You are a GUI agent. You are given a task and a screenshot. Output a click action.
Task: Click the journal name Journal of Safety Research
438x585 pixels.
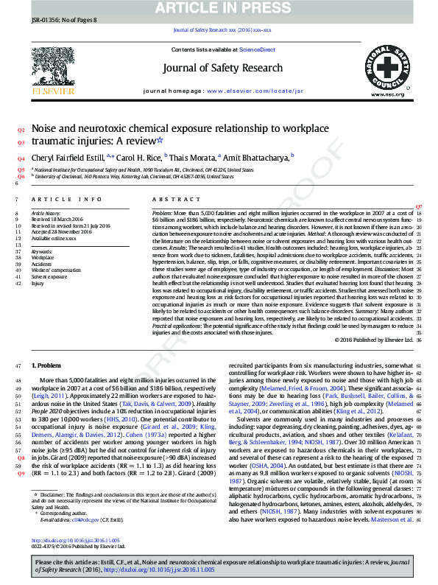coord(222,68)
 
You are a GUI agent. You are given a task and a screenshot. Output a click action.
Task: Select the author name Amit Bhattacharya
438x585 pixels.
coord(257,157)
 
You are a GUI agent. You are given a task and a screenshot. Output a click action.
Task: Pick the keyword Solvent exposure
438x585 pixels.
coord(49,276)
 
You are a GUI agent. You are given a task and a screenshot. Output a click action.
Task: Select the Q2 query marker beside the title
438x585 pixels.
coord(21,129)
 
